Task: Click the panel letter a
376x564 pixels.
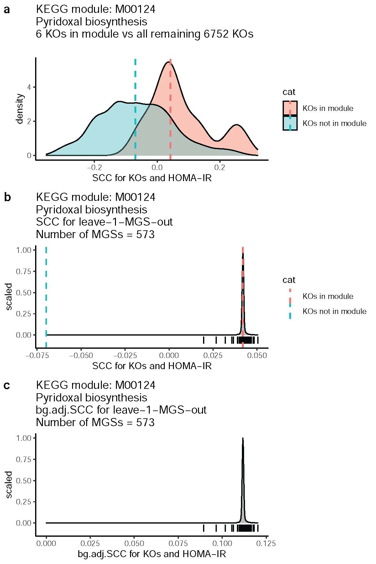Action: (x=7, y=10)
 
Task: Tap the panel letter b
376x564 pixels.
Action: (x=7, y=198)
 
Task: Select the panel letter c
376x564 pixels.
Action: (x=7, y=386)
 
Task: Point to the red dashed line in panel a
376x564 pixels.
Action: (x=170, y=110)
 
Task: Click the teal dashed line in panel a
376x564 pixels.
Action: (x=135, y=110)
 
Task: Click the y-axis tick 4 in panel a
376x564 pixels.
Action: (x=29, y=87)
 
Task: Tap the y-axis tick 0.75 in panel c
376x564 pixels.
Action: (x=23, y=460)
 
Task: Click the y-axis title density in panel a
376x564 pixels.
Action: (x=20, y=108)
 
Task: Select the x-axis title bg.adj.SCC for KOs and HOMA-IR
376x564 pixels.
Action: (x=152, y=554)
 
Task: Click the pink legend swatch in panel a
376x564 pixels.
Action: (x=290, y=108)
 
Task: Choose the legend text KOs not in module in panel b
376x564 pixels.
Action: (x=334, y=311)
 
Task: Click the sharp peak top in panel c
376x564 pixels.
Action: (x=243, y=439)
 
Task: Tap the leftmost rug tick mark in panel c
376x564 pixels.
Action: (x=204, y=528)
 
